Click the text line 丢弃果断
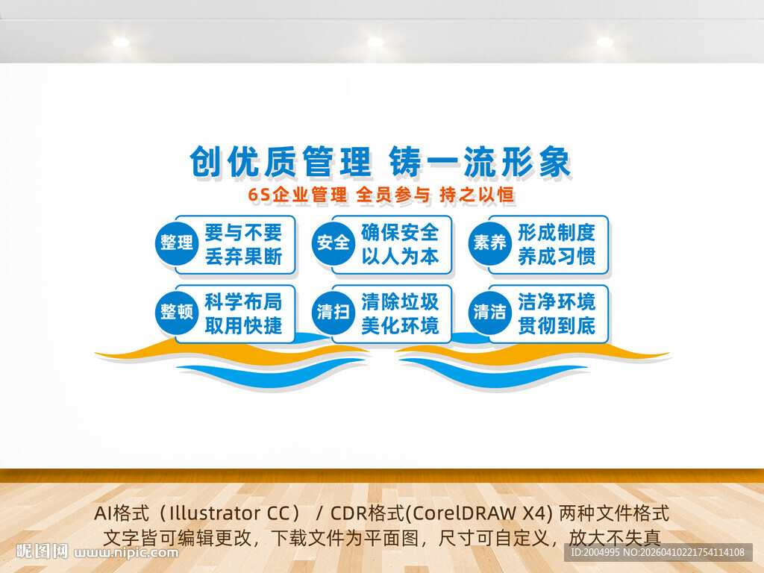(243, 257)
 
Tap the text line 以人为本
(400, 257)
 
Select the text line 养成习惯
(557, 257)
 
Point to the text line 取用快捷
(243, 326)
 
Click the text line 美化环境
(400, 326)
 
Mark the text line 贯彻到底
(557, 326)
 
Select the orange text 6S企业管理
(298, 195)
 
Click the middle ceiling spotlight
(375, 42)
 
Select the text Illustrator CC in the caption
(233, 514)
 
